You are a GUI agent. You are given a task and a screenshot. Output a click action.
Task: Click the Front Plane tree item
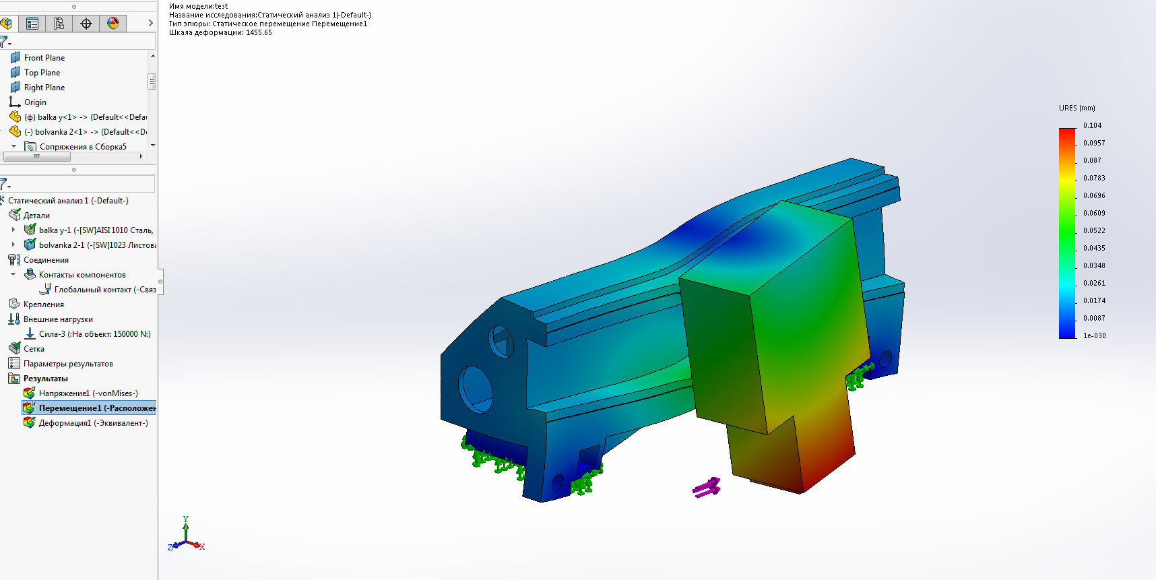(x=44, y=58)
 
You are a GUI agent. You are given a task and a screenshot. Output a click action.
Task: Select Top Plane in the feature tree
(x=42, y=73)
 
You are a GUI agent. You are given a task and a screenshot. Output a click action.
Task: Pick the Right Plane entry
(x=44, y=88)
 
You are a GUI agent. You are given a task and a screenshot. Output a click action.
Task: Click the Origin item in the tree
(x=35, y=102)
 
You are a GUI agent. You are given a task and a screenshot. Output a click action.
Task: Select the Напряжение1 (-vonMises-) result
(x=88, y=393)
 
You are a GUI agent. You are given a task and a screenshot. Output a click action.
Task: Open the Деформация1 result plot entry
(x=93, y=423)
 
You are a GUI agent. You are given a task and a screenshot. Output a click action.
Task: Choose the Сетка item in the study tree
(x=34, y=349)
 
